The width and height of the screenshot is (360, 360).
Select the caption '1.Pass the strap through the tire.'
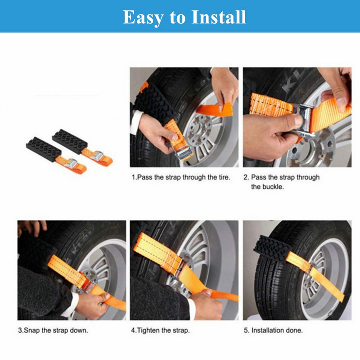coord(181,177)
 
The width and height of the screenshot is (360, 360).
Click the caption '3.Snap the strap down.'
coord(53,330)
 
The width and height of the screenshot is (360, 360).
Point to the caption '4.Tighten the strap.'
coord(160,330)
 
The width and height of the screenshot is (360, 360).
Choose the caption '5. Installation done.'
coord(274,330)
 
